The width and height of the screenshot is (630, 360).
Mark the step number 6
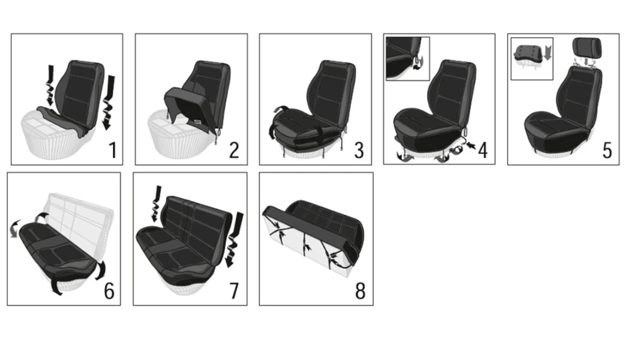[109, 291]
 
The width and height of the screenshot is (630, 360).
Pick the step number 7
[234, 291]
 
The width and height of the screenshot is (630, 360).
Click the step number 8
[359, 291]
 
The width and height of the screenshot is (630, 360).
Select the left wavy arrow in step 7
[155, 204]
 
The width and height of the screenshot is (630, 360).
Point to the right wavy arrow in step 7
[234, 240]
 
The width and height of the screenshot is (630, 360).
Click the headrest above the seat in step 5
[586, 47]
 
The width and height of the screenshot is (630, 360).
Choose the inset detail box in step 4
[408, 58]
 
